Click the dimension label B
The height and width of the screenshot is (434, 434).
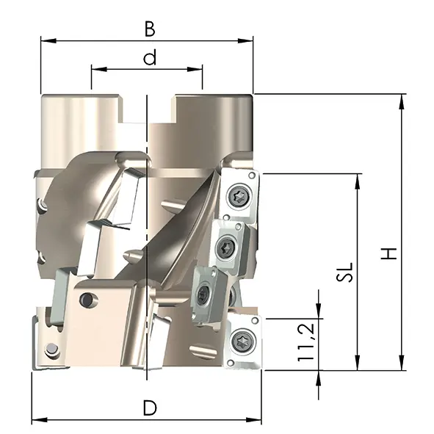point(150,29)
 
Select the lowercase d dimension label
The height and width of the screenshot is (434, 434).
point(150,57)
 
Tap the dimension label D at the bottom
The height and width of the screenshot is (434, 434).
point(150,408)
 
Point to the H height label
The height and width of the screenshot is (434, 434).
point(389,253)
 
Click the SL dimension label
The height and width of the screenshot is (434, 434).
point(345,272)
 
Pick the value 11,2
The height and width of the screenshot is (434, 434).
point(306,342)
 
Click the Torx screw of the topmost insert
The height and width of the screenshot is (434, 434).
point(239,197)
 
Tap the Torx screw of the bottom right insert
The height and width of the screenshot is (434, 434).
point(243,340)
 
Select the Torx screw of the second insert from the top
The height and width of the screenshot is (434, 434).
point(226,246)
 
